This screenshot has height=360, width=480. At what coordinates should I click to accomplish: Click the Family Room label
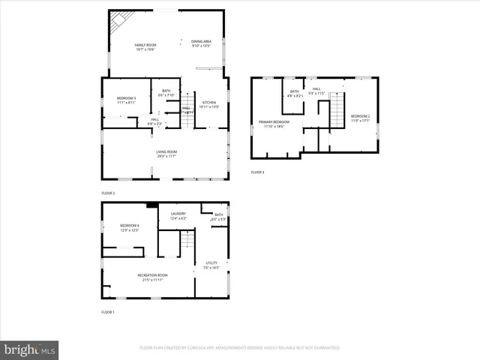coord(145,46)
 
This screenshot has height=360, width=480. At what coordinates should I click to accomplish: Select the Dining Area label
coord(201,42)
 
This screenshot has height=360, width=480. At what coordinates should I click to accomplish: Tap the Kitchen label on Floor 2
coord(209,102)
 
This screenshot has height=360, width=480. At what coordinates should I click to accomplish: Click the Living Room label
coord(166,152)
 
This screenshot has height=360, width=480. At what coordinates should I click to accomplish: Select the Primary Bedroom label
coord(274,121)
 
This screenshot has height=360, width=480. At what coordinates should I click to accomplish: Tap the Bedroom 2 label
coord(360,116)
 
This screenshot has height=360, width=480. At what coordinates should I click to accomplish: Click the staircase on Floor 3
coord(337,110)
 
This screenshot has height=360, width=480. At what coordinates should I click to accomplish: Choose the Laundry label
coord(178,214)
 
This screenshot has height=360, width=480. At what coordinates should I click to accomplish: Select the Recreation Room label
coord(152,275)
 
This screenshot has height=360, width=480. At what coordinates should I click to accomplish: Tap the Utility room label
coord(211,262)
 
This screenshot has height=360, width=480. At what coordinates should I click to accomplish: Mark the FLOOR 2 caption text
coord(108,193)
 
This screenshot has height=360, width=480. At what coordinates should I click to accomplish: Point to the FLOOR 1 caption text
coord(108,311)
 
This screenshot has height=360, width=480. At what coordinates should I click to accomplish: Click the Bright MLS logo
coord(30,349)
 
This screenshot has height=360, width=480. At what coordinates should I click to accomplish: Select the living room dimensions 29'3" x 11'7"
coord(166,157)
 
